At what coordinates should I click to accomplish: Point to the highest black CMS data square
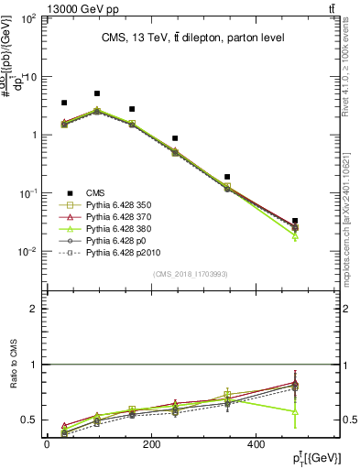[x=97, y=93]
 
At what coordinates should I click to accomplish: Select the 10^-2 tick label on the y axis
[x=27, y=251]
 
